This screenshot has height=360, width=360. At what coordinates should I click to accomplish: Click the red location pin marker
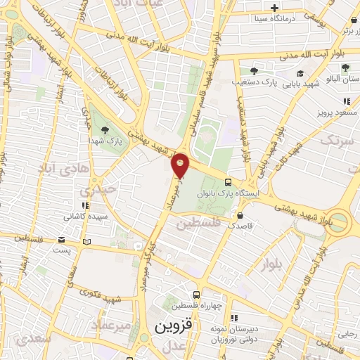click(x=181, y=165)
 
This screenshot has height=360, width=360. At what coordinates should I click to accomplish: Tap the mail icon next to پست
click(x=86, y=242)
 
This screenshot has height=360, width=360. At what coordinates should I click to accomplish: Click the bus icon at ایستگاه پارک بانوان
click(x=226, y=182)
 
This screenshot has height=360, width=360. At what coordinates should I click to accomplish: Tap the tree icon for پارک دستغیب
click(x=254, y=70)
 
